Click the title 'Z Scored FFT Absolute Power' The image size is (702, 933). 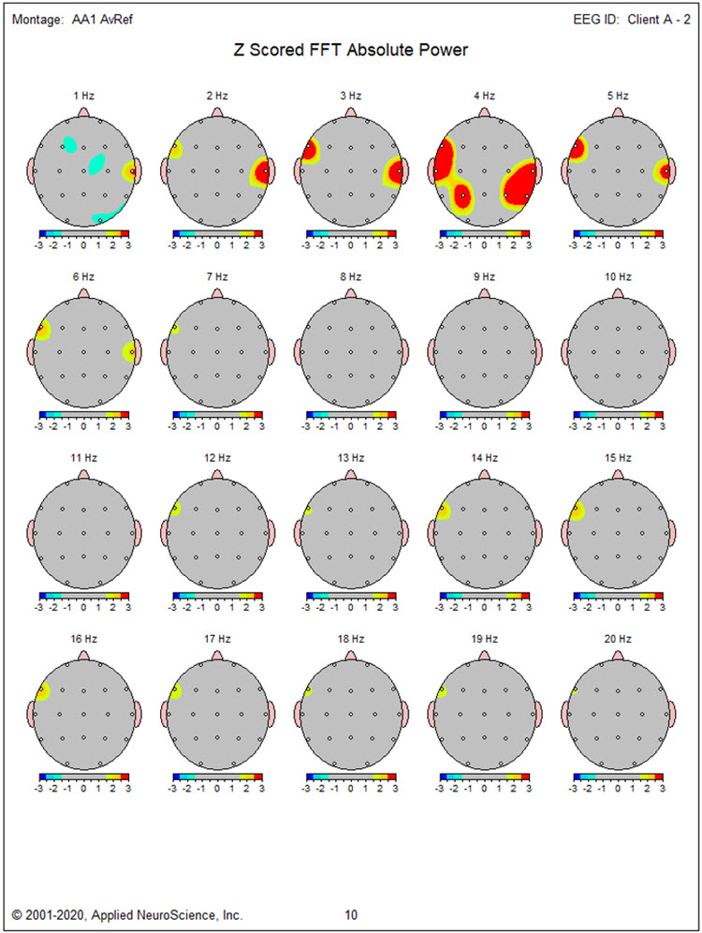[x=350, y=51]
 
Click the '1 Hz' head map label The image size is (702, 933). [x=83, y=96]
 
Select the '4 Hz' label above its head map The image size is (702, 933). [x=483, y=96]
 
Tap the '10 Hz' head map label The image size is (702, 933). [x=616, y=276]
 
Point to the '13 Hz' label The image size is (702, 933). [x=350, y=457]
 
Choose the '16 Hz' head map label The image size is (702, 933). [x=83, y=638]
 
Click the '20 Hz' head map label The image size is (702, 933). [x=616, y=638]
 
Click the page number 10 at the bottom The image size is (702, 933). [x=350, y=914]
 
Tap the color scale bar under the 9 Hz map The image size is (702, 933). [x=483, y=413]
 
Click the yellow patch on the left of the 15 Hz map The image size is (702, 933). [x=578, y=511]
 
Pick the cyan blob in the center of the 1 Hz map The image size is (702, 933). [x=96, y=164]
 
